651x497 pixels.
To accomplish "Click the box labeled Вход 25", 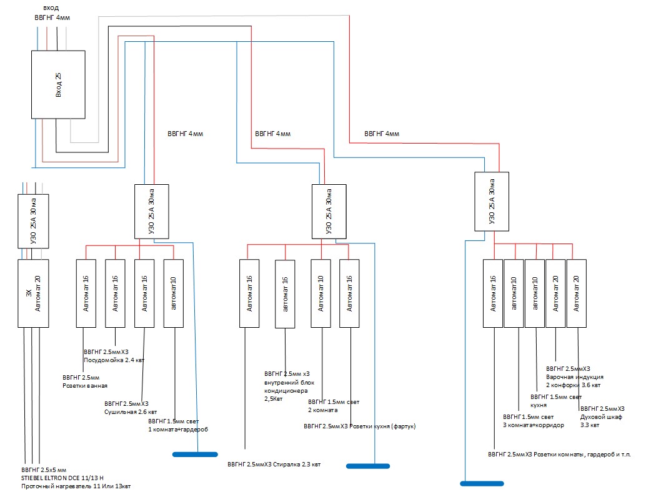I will (x=58, y=84).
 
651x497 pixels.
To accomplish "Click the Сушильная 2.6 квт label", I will (x=131, y=412).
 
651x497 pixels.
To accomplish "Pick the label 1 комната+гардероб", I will (x=177, y=430).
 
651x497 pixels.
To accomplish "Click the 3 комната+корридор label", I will (x=533, y=425).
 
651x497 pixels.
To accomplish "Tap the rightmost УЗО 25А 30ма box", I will (x=492, y=202).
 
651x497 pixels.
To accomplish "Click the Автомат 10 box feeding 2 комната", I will (x=321, y=293).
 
